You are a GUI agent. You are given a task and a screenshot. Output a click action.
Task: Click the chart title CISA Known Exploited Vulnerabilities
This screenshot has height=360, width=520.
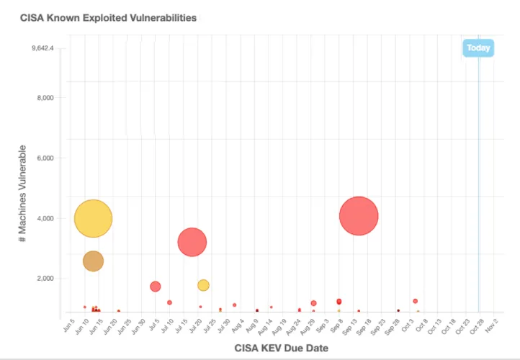pos(109,17)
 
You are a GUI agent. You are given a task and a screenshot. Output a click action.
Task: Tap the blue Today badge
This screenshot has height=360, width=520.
pos(478,48)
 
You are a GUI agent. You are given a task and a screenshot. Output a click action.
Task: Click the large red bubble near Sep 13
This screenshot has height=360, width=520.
pos(359,216)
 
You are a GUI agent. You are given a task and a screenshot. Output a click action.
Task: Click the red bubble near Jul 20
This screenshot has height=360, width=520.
pos(192,242)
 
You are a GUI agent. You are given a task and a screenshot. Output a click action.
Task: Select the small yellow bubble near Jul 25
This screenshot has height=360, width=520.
pos(203,285)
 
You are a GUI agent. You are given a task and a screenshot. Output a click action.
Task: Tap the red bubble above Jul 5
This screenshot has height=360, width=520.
pos(155,287)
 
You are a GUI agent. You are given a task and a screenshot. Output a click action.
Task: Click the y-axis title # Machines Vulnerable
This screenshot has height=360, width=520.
pos(24,203)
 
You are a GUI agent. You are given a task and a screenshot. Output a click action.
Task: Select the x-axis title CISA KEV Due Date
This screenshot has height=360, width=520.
pos(282,348)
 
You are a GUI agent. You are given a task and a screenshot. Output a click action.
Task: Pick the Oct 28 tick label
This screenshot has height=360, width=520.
pos(476,327)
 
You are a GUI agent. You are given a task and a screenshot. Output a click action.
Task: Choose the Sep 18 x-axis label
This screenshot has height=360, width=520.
pos(364,327)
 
